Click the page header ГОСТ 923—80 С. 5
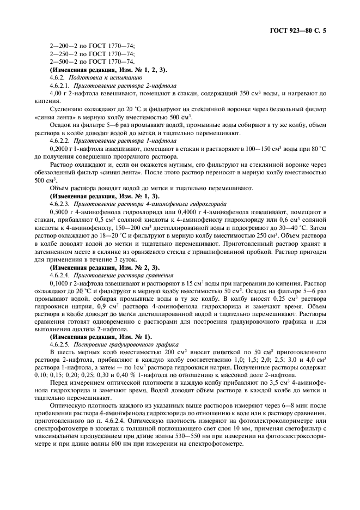tap(310, 31)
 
